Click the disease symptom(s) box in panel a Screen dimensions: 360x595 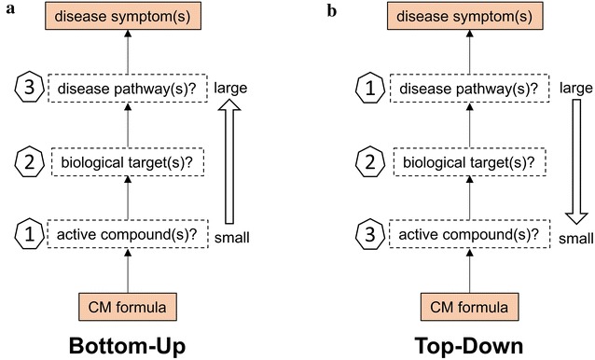[126, 18]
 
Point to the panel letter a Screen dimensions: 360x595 [8, 10]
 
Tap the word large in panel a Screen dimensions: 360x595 [229, 90]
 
